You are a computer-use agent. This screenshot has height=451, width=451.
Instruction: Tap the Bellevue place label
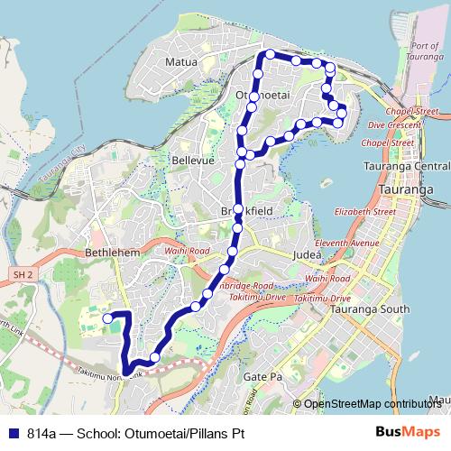point(190,159)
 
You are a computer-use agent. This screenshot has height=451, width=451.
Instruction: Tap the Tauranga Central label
point(405,167)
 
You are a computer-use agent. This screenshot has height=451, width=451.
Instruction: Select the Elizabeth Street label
point(364,211)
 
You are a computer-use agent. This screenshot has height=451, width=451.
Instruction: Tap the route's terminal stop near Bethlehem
point(107,318)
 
